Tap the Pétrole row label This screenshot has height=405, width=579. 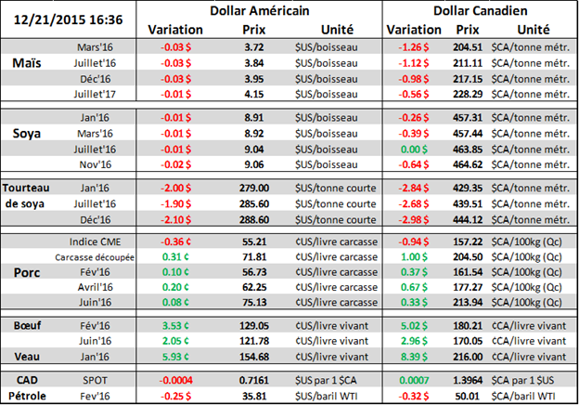tap(27, 396)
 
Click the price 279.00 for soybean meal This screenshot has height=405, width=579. tap(239, 187)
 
